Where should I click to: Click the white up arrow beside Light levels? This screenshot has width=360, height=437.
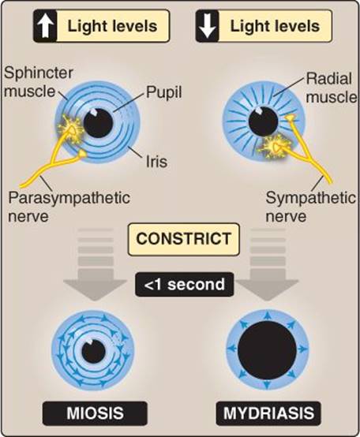tap(46, 27)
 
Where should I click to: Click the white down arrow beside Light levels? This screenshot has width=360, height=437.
tap(208, 27)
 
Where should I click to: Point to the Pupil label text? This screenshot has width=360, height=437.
tap(164, 92)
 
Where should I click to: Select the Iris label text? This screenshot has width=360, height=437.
tap(157, 162)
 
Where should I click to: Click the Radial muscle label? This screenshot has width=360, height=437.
tap(331, 88)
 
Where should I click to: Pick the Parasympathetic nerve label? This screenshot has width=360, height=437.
tap(69, 207)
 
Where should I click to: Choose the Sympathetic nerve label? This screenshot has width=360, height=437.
tap(310, 207)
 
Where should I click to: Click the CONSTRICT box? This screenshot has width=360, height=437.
tap(183, 239)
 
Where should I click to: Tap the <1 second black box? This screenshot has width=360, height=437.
tap(184, 284)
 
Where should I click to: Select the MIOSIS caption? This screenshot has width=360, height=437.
tap(95, 413)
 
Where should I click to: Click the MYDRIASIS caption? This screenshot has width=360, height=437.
tap(268, 413)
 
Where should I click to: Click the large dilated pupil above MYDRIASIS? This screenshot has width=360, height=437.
tap(267, 350)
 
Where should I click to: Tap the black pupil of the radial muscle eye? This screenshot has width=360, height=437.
tap(263, 121)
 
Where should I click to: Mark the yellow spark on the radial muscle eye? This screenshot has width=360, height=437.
tap(276, 146)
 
